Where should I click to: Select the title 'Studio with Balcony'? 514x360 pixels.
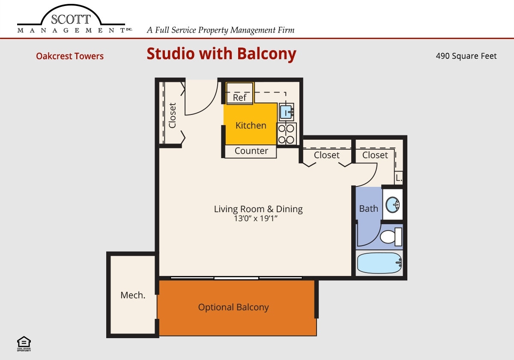221,54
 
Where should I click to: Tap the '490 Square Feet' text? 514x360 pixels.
466,56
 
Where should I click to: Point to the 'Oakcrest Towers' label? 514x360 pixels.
70,56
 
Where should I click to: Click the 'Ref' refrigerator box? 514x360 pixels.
239,97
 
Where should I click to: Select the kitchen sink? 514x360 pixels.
286,112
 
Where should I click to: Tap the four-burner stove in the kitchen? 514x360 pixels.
287,134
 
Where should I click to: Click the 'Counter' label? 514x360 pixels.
251,151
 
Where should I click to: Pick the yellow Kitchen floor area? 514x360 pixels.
251,125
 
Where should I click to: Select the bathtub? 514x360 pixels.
379,263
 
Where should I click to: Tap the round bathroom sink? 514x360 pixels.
392,205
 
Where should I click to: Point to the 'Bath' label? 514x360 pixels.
368,209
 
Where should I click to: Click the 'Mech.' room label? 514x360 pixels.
133,295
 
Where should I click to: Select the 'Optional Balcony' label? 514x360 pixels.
233,307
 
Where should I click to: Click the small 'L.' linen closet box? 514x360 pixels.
398,177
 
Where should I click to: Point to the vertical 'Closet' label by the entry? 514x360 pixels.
173,115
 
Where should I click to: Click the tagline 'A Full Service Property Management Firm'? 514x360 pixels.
221,30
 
